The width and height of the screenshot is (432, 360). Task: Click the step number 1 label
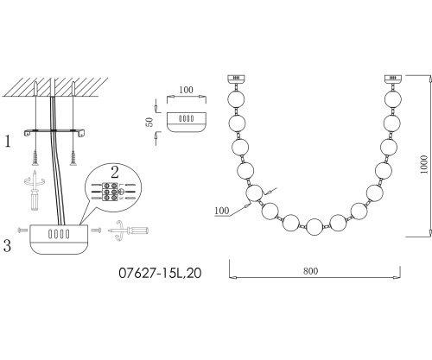click(x=8, y=142)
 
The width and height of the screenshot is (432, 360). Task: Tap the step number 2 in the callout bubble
click(x=115, y=173)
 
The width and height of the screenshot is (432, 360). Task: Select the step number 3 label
click(x=7, y=246)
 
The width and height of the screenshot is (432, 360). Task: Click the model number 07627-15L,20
click(x=160, y=273)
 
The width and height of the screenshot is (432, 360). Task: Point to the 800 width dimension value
click(x=310, y=271)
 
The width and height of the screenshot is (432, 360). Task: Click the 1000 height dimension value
click(x=423, y=164)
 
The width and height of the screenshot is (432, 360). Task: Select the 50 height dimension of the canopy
click(x=149, y=122)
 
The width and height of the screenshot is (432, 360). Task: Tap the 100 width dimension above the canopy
click(x=186, y=90)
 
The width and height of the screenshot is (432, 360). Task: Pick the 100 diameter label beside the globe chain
click(x=221, y=211)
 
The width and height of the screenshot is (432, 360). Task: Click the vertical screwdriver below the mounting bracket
click(x=35, y=191)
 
